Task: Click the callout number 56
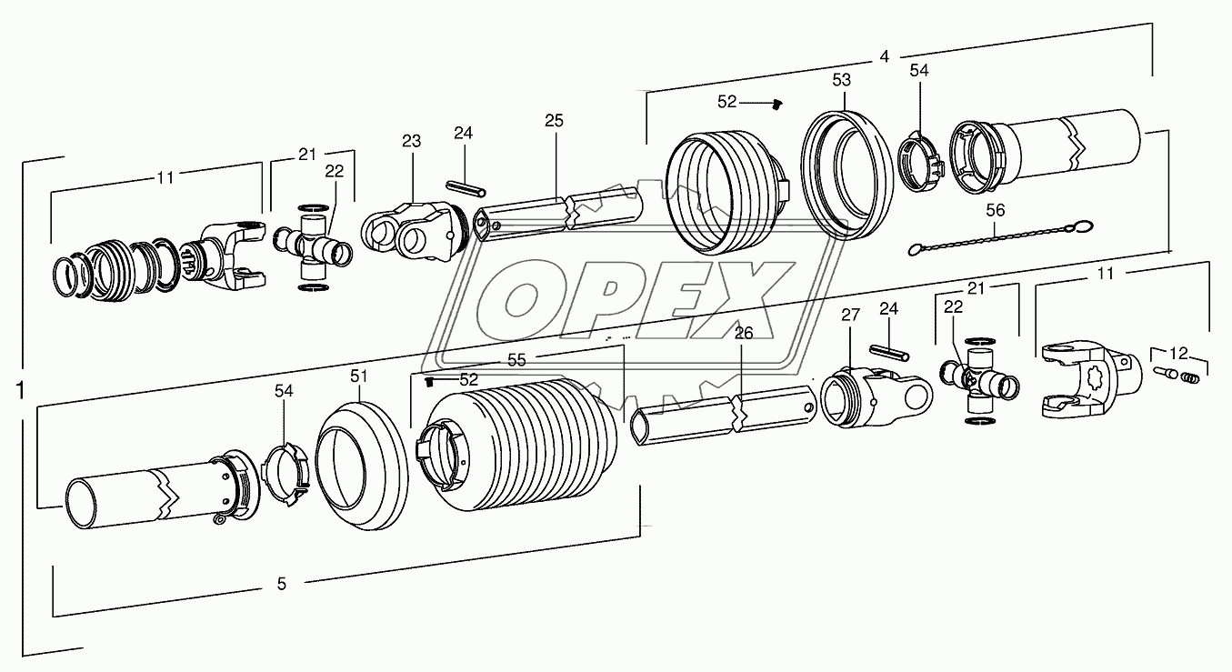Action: pos(995,210)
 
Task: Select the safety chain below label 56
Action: pos(1000,237)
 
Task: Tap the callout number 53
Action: pos(842,80)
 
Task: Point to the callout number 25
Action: pos(555,120)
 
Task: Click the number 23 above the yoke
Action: pos(411,141)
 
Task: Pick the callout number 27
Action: pos(850,316)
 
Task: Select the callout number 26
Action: pos(744,333)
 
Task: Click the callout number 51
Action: pos(358,376)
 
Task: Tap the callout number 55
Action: pos(517,360)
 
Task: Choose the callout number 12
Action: pos(1178,353)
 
